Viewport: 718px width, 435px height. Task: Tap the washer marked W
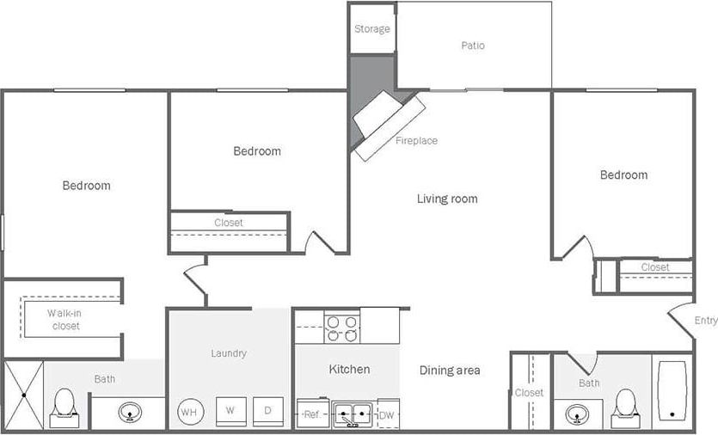(x=230, y=411)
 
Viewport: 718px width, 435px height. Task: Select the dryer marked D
(x=267, y=411)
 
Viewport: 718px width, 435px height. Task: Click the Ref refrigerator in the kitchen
(x=312, y=414)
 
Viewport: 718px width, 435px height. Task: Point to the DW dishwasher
(x=387, y=414)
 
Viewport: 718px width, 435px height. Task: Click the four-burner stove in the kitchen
(x=341, y=328)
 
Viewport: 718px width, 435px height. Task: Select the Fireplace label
(x=416, y=140)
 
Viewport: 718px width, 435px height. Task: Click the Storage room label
(x=371, y=29)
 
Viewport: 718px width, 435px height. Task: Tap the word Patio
(x=473, y=46)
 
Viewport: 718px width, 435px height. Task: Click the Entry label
(x=705, y=321)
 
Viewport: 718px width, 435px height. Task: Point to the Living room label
(x=447, y=199)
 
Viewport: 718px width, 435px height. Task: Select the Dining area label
(x=450, y=371)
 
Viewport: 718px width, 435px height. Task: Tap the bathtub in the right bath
(x=672, y=391)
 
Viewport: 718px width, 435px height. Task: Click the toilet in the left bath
(x=64, y=407)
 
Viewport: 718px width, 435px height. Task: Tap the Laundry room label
(x=229, y=353)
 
